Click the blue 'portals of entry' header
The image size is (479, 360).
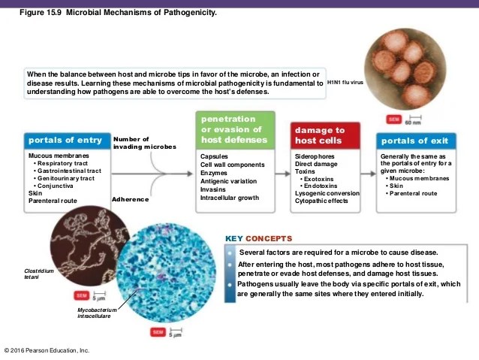[65, 141]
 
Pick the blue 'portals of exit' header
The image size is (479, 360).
[414, 141]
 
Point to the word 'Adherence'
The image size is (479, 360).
[129, 200]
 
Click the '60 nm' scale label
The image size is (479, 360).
[414, 121]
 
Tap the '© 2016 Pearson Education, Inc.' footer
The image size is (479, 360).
[47, 350]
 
